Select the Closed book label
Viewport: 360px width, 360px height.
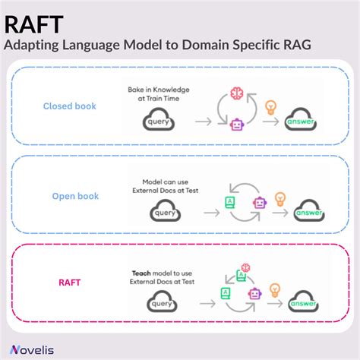(69, 106)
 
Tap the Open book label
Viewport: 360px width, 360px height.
(75, 196)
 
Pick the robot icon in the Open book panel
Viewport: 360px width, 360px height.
(260, 203)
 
